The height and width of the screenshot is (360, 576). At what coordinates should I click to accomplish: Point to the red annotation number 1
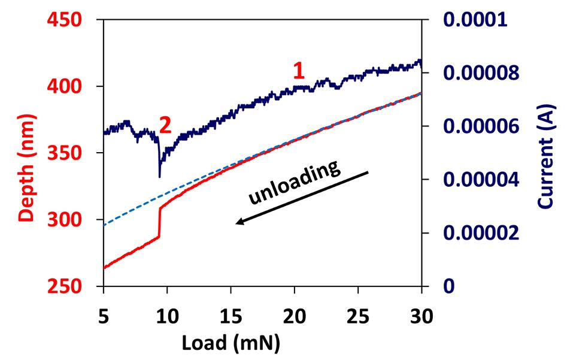point(298,71)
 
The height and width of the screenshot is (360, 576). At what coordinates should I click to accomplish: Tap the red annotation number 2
point(165,125)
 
